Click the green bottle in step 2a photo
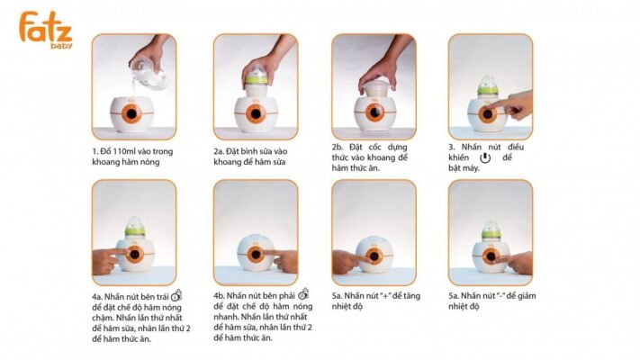coord(256,78)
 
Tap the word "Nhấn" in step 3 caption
coord(479,146)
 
